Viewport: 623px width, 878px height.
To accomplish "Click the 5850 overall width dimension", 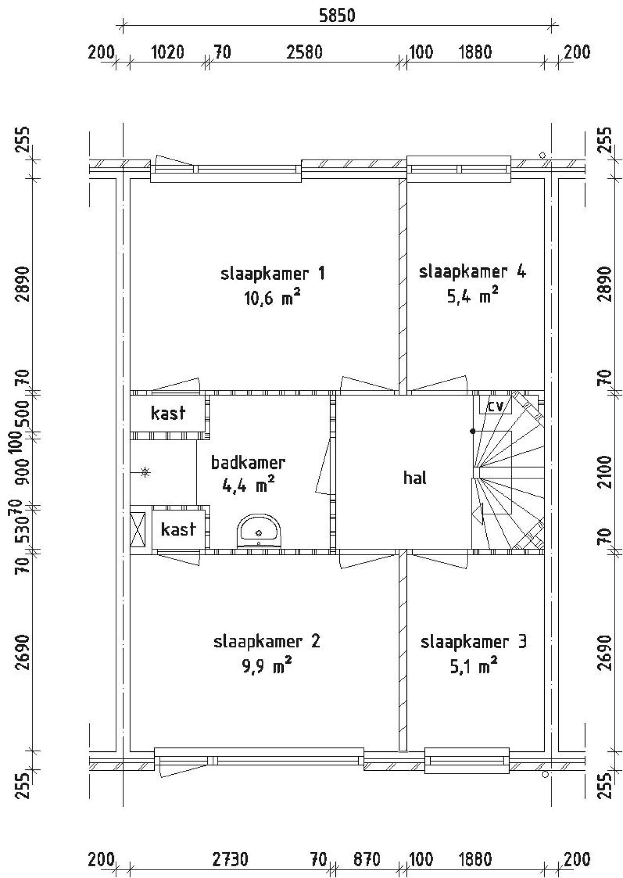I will point(337,16).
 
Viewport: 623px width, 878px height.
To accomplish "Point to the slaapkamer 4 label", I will point(472,272).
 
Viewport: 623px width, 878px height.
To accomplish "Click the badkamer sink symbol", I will point(259,531).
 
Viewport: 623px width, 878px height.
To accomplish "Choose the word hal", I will point(415,478).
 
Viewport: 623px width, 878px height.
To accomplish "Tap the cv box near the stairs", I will point(495,405).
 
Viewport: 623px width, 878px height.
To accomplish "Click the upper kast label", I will point(168,413).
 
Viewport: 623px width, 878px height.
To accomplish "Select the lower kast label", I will point(178,529).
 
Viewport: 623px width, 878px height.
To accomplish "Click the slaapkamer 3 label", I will point(473,642).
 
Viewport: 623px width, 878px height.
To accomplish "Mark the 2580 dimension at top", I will point(305,52).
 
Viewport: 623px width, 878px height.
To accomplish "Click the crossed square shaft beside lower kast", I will point(139,529).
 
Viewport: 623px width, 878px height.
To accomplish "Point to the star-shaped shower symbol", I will point(145,471).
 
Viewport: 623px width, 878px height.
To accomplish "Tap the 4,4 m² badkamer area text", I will point(248,486).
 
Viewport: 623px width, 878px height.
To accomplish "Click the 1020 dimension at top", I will point(168,52).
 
